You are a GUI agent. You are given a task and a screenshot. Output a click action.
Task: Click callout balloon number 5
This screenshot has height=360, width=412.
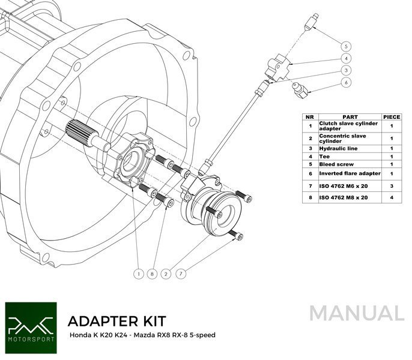347,46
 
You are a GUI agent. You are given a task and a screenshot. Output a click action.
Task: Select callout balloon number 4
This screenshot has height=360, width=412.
347,58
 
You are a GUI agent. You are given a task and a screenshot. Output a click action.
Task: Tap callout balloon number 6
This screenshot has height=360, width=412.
347,82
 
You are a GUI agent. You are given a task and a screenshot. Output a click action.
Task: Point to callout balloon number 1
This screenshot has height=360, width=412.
138,274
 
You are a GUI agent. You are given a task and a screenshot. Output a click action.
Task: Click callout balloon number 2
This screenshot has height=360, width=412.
166,274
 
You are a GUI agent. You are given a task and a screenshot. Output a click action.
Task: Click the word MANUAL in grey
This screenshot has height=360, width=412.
357,313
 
